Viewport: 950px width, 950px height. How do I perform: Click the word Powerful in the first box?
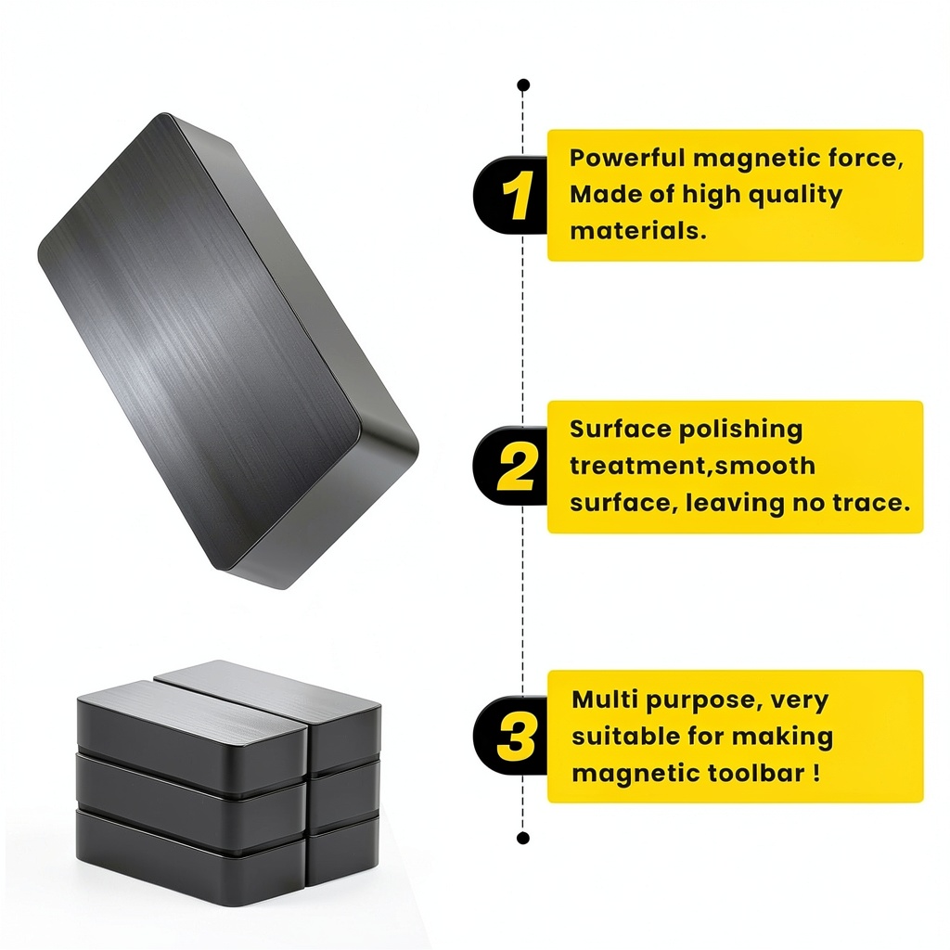[626, 158]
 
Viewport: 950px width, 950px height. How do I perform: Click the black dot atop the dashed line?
[524, 84]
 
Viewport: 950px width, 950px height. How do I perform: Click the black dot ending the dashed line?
[523, 838]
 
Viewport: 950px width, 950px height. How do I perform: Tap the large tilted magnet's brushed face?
[200, 340]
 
